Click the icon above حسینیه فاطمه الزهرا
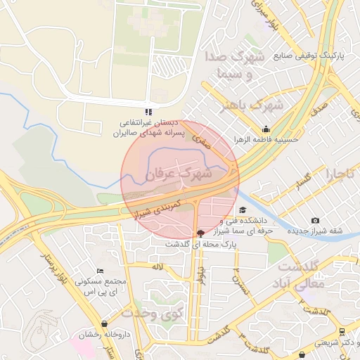pyautogui.click(x=266, y=129)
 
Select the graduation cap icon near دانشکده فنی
pyautogui.click(x=243, y=210)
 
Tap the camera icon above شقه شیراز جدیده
pyautogui.click(x=315, y=221)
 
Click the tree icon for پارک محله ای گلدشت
pyautogui.click(x=202, y=233)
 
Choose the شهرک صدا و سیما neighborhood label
pyautogui.click(x=231, y=64)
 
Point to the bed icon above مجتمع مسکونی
pyautogui.click(x=100, y=271)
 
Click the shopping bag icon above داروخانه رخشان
pyautogui.click(x=105, y=324)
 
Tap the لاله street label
pyautogui.click(x=157, y=267)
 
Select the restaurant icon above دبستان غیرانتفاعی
pyautogui.click(x=148, y=111)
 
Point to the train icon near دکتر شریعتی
pyautogui.click(x=341, y=331)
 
